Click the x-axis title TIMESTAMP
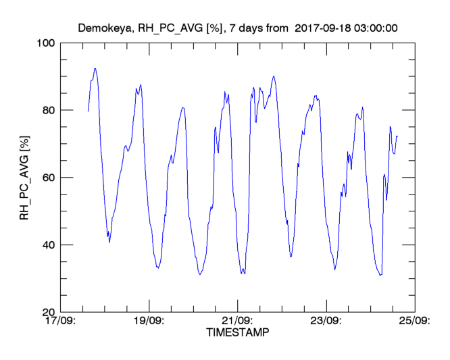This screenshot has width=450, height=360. coord(237,332)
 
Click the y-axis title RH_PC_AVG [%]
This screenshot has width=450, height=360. coord(25,177)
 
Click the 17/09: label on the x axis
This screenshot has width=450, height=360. coord(61,321)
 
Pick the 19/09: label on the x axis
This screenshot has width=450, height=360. coord(149,321)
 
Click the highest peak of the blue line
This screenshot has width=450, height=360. coord(95,68)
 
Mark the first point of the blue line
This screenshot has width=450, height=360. coord(88,111)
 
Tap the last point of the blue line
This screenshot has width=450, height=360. coord(397,136)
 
